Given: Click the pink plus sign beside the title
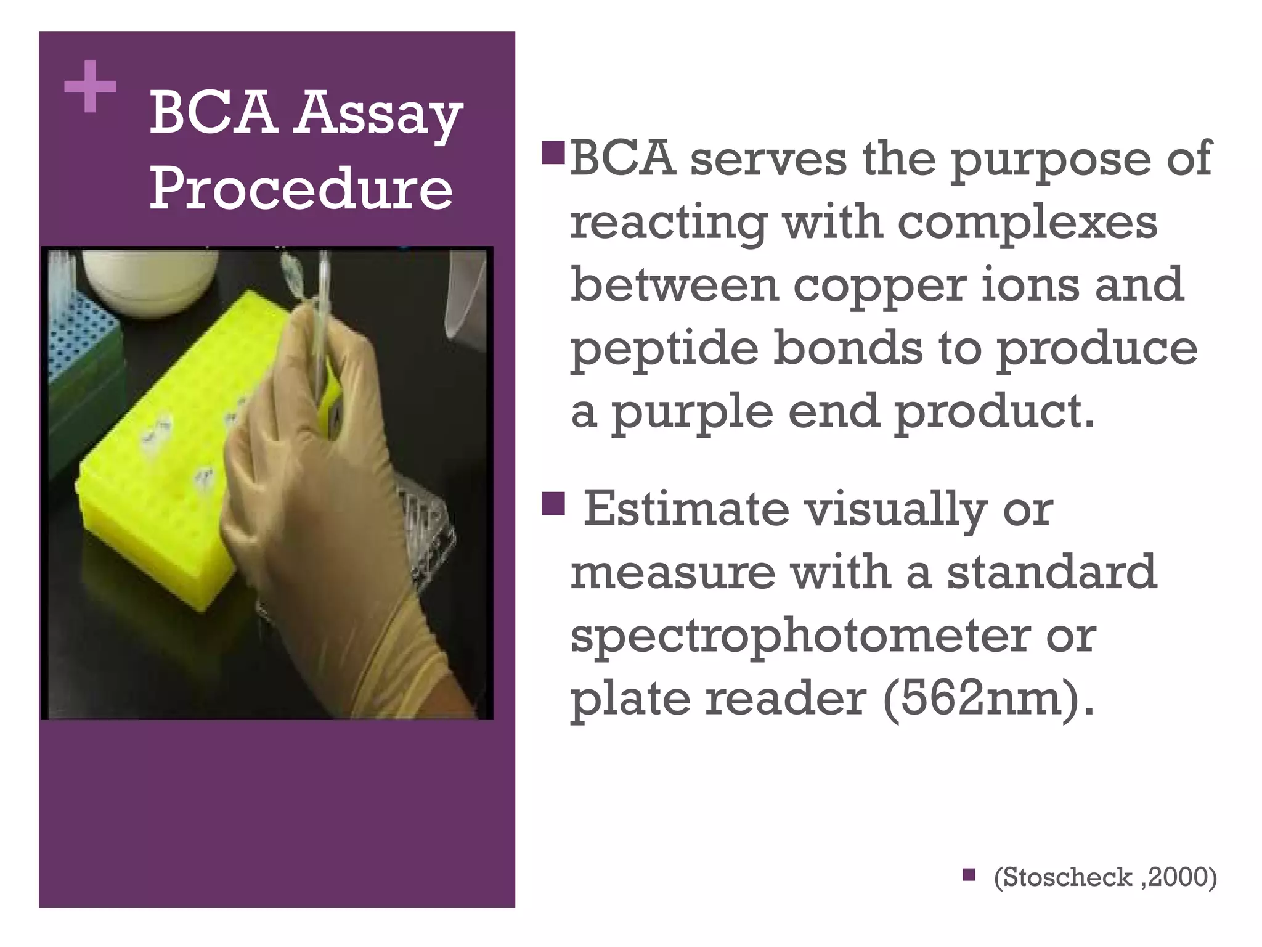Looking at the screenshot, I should pyautogui.click(x=90, y=87).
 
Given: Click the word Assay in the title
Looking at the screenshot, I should pyautogui.click(x=377, y=115).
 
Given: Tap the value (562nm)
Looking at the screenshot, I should pyautogui.click(x=988, y=699).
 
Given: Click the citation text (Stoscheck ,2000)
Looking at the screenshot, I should pyautogui.click(x=1105, y=877).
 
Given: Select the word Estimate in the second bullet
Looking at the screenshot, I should pyautogui.click(x=686, y=509).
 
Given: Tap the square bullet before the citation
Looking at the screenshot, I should pyautogui.click(x=969, y=874).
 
